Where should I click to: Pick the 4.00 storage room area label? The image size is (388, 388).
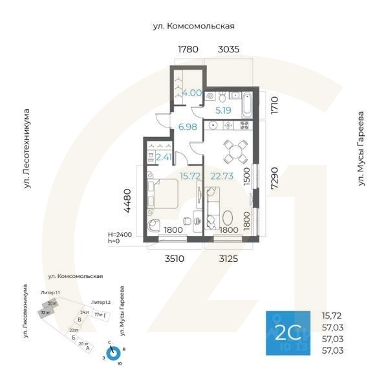coord(192,93)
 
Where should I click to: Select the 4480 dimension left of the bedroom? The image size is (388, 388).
coord(128,200)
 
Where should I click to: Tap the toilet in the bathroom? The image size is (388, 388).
coord(221,96)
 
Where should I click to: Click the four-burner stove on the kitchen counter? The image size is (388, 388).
coord(245,124)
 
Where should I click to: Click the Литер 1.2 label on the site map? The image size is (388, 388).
coord(100,303)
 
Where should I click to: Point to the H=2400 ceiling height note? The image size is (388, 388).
coord(120,235)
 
